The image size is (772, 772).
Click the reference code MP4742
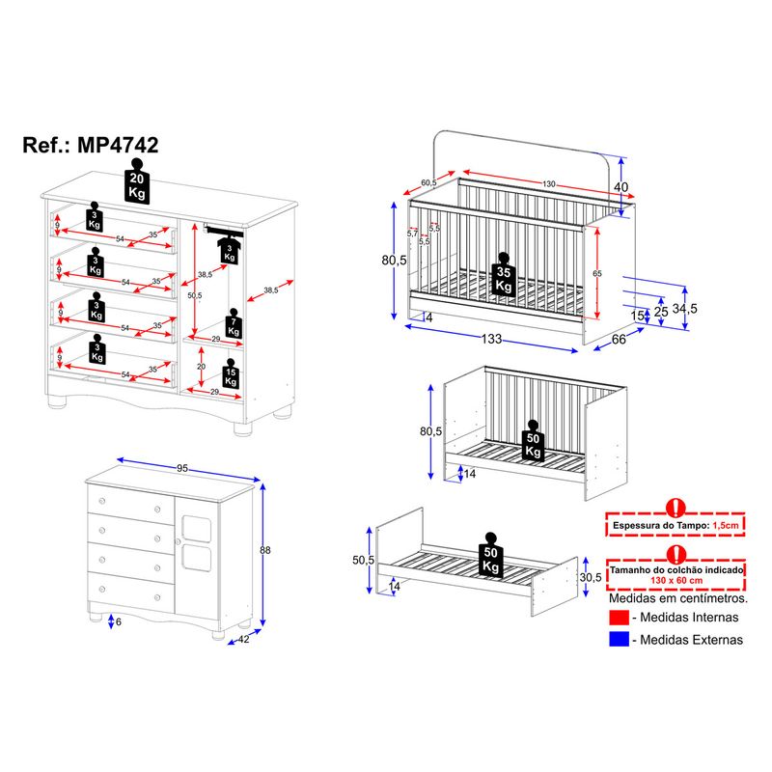coord(118,145)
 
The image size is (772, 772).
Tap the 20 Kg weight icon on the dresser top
coord(137,180)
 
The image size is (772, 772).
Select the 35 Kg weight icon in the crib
coord(503,275)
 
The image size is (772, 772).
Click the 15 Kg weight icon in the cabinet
coord(231,373)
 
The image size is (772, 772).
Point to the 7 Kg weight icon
coord(234,323)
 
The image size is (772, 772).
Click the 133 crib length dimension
coord(491,339)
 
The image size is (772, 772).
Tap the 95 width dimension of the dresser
coord(182,468)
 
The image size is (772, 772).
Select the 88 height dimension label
coord(265,550)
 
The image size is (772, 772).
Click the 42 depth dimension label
coord(244,639)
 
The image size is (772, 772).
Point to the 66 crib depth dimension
coord(619,340)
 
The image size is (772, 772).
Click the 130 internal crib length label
coord(549,183)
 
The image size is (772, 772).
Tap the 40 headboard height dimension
coord(621,187)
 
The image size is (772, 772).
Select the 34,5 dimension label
coord(685,309)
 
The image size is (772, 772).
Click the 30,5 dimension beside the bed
coord(591,577)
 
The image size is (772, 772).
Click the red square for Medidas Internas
coord(619,618)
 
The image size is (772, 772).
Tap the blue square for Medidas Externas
coord(619,639)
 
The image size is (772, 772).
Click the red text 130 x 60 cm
coord(676,581)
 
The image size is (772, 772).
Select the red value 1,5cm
coord(726,525)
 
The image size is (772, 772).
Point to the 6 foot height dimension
coord(118,621)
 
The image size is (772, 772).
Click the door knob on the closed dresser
coord(179,541)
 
